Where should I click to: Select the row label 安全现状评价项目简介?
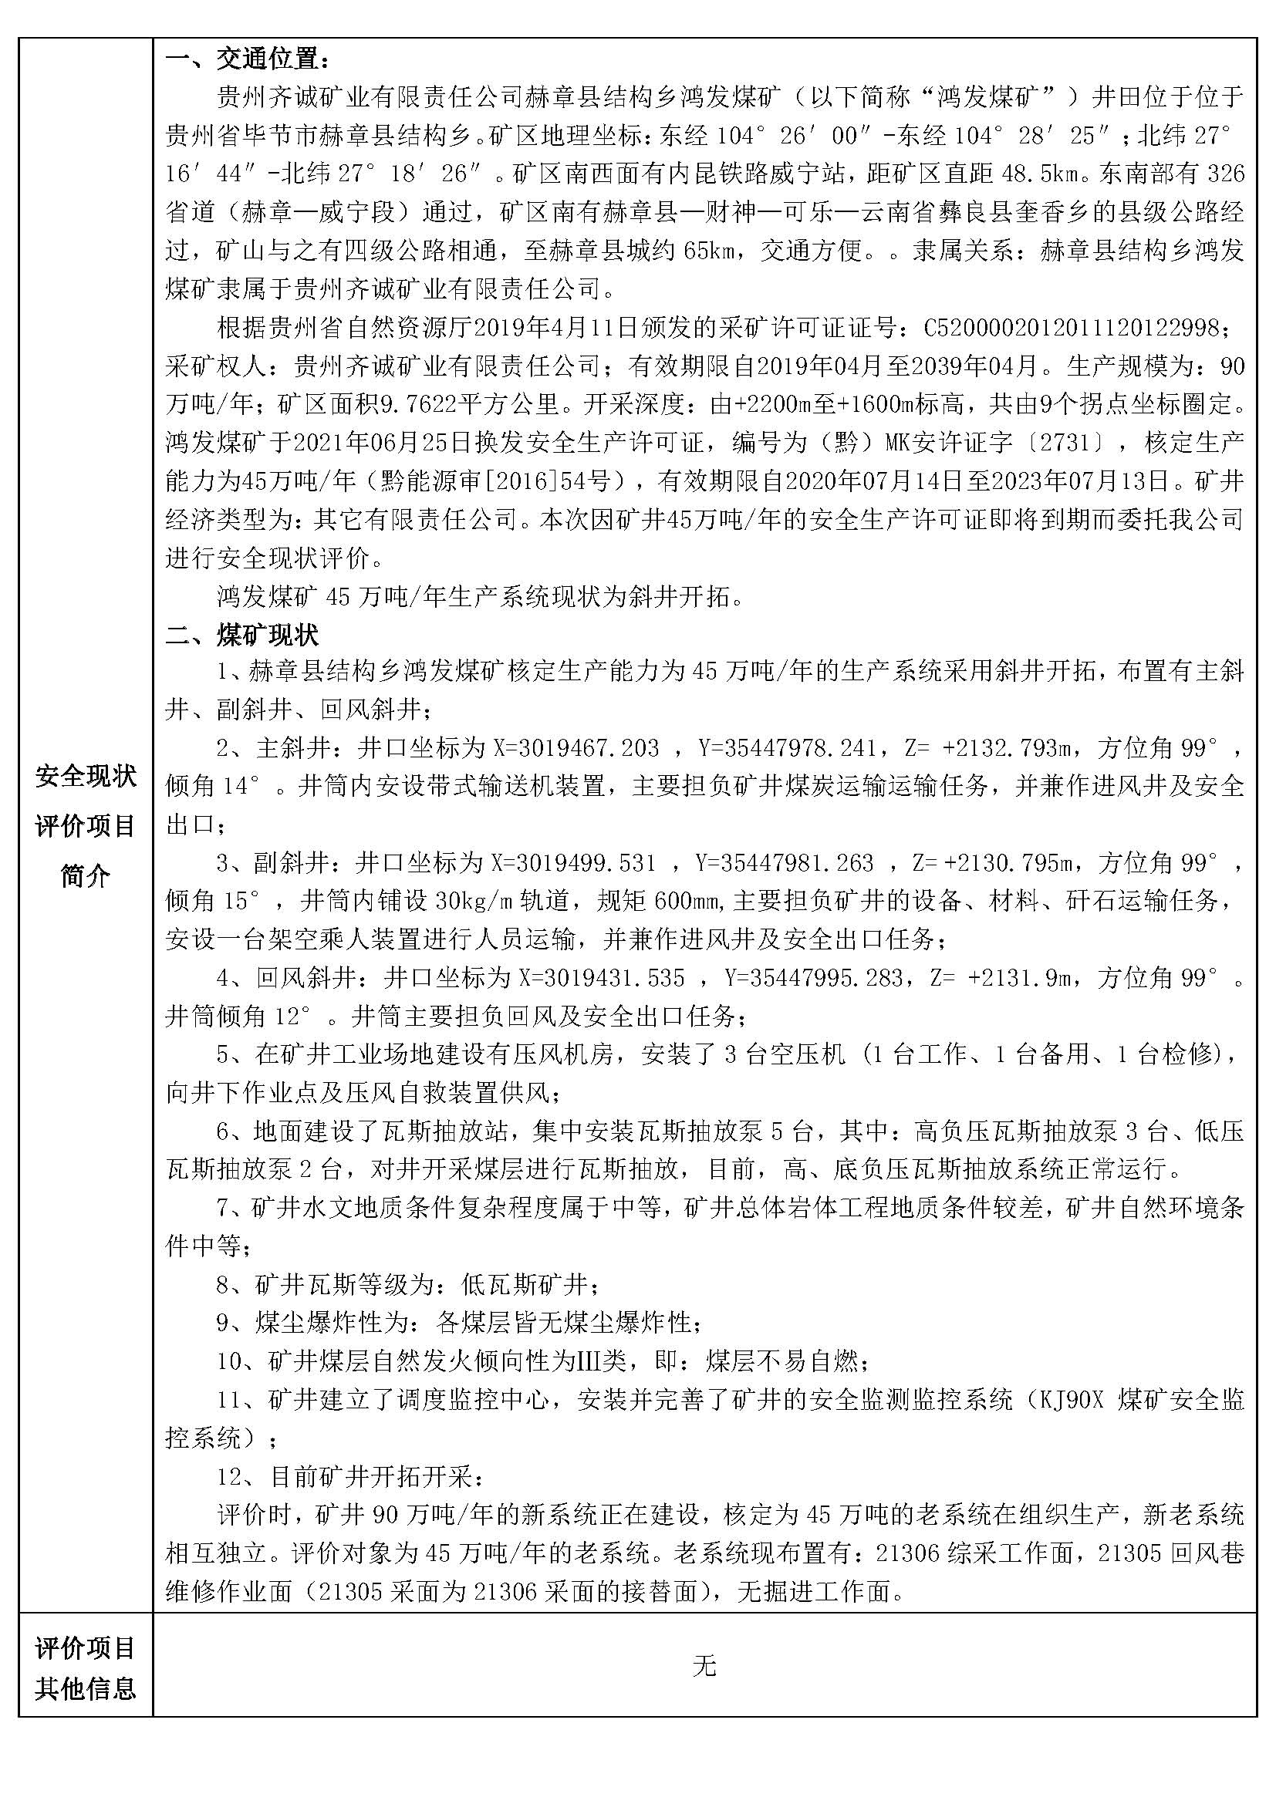(x=85, y=826)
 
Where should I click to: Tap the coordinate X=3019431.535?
(x=602, y=979)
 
